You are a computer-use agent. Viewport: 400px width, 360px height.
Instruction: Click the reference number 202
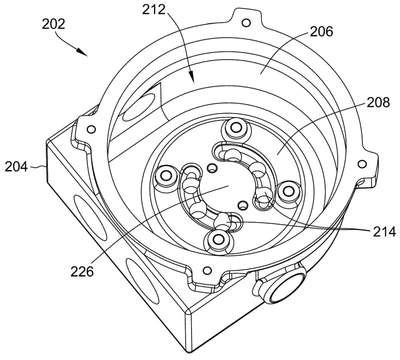[53, 24]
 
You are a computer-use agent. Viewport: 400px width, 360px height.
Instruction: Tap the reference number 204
[16, 166]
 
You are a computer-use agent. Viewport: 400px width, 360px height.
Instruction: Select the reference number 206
[322, 31]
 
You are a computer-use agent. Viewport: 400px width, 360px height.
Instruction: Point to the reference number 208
[378, 102]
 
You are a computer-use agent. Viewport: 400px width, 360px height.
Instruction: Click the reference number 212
[154, 10]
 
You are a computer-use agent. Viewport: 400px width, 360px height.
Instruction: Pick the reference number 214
[384, 231]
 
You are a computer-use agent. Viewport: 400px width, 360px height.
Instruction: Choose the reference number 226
[82, 271]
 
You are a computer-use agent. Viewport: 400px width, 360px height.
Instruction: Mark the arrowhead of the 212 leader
[191, 76]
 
